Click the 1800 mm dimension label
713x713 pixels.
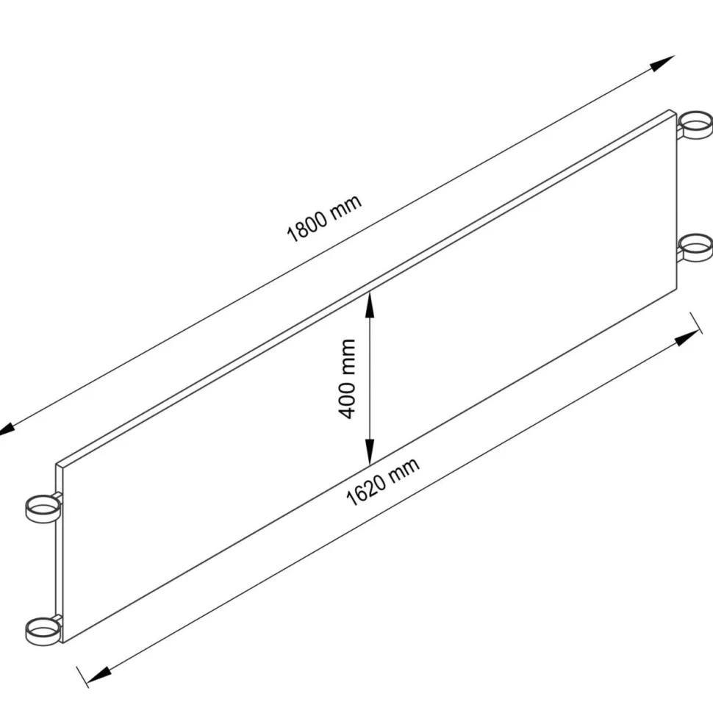tap(324, 218)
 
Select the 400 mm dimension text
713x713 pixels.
tap(348, 379)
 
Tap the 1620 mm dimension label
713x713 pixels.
tap(382, 482)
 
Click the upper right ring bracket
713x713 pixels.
tap(695, 124)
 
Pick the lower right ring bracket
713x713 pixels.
tap(695, 248)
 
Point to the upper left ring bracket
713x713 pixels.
tap(43, 509)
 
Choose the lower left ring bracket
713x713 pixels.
tap(43, 631)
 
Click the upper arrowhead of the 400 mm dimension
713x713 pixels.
tap(370, 305)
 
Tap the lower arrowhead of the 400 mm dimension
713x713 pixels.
tap(370, 452)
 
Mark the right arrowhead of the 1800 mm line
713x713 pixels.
tap(662, 64)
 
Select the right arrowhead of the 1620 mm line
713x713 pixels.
tap(687, 338)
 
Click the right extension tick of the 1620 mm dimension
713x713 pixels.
tap(696, 323)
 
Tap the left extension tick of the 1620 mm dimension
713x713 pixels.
tap(82, 677)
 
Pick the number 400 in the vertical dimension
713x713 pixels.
tap(348, 398)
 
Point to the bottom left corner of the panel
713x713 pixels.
tap(62, 642)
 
